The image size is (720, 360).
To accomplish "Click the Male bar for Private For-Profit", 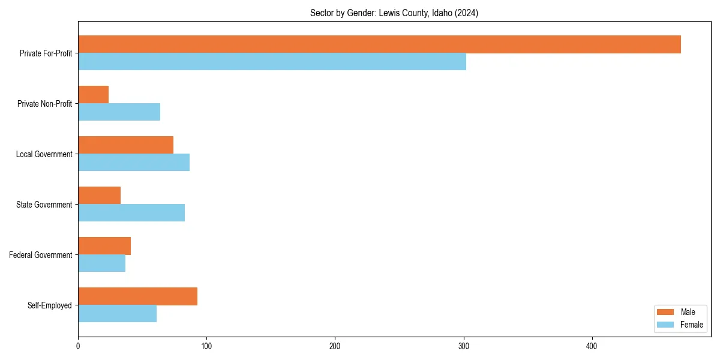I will click(379, 44).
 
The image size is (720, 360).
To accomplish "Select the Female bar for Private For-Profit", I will click(272, 62).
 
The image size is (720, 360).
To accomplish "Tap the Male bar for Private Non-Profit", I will click(93, 95).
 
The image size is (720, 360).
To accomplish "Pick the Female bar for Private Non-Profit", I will click(119, 112).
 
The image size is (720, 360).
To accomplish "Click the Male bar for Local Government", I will click(125, 145).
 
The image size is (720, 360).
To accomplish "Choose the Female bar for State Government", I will click(131, 213).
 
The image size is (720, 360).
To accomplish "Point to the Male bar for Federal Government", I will click(104, 246).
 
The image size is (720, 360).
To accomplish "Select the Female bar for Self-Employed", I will click(117, 314).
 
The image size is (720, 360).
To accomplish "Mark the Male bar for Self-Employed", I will click(137, 296).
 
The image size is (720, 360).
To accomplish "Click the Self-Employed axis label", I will click(49, 305).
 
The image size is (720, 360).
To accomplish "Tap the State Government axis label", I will click(44, 205).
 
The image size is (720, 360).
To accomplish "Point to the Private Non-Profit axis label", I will click(44, 104).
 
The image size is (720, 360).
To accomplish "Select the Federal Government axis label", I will click(41, 255).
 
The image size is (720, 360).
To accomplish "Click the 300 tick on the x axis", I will click(464, 346).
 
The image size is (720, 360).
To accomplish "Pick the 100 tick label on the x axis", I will click(206, 346).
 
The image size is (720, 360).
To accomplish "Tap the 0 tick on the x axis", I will click(78, 346).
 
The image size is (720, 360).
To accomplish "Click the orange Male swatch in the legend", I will click(665, 312).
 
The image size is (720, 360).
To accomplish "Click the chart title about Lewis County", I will click(394, 13).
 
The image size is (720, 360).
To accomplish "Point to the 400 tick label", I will click(592, 346).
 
